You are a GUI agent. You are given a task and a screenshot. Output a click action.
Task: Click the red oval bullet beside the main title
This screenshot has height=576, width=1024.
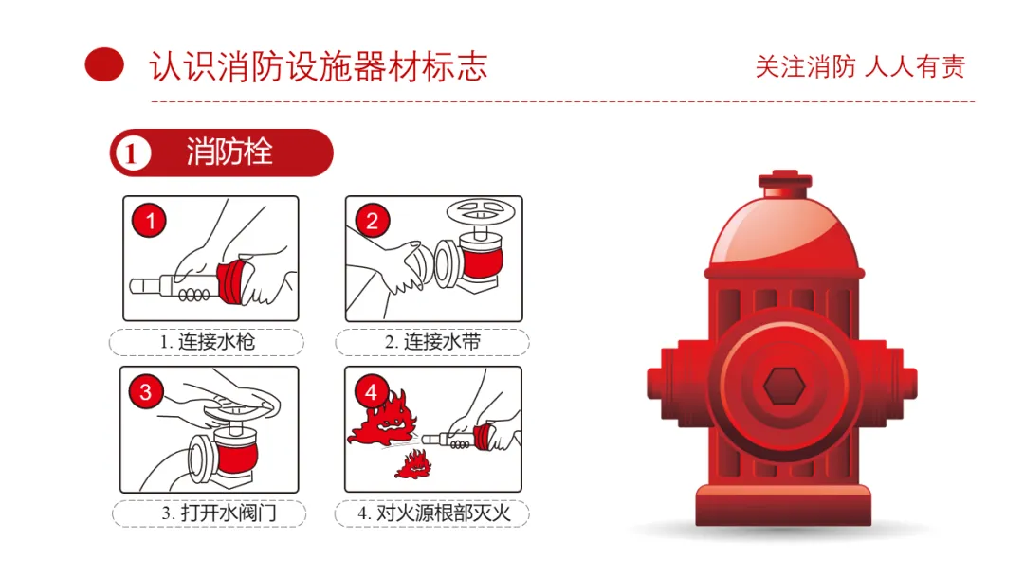pos(104,64)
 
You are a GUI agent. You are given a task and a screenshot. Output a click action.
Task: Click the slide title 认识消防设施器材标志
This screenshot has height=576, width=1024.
pos(319,66)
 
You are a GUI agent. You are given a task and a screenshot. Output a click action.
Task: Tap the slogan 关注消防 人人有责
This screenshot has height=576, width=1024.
pos(860,66)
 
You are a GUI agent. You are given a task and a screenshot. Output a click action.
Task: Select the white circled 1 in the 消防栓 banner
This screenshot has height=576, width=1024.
pos(133,153)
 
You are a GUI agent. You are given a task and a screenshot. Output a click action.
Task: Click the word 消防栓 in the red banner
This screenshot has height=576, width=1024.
pos(229,152)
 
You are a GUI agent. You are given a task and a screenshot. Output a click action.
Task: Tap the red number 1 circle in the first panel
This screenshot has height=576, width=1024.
pos(150,221)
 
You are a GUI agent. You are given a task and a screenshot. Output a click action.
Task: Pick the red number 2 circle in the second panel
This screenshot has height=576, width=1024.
pos(373,221)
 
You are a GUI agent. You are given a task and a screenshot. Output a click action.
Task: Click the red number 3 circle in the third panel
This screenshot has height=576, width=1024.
pos(146,391)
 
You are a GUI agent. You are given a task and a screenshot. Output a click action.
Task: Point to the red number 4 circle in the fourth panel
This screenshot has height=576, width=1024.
pos(371,391)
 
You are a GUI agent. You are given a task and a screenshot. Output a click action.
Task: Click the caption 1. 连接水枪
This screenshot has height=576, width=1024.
pos(207,342)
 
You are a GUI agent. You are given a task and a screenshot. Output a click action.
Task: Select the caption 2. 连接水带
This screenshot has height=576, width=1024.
pos(432,342)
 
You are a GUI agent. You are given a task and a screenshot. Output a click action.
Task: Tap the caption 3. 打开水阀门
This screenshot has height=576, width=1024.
pos(219,513)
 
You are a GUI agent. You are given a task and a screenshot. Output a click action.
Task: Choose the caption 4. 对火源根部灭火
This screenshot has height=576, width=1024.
pos(433,513)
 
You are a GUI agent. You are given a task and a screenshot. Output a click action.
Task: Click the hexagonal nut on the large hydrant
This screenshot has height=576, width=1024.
pos(784,386)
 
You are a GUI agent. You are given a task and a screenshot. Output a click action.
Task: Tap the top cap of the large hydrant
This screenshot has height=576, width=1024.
pos(785,184)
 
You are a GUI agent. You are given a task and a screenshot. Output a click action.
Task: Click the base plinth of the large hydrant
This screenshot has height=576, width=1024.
pos(783,505)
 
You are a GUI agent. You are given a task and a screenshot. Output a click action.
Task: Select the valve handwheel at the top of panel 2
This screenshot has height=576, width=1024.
pos(481,211)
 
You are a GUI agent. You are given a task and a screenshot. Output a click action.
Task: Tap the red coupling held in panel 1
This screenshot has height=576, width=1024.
pos(233,282)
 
